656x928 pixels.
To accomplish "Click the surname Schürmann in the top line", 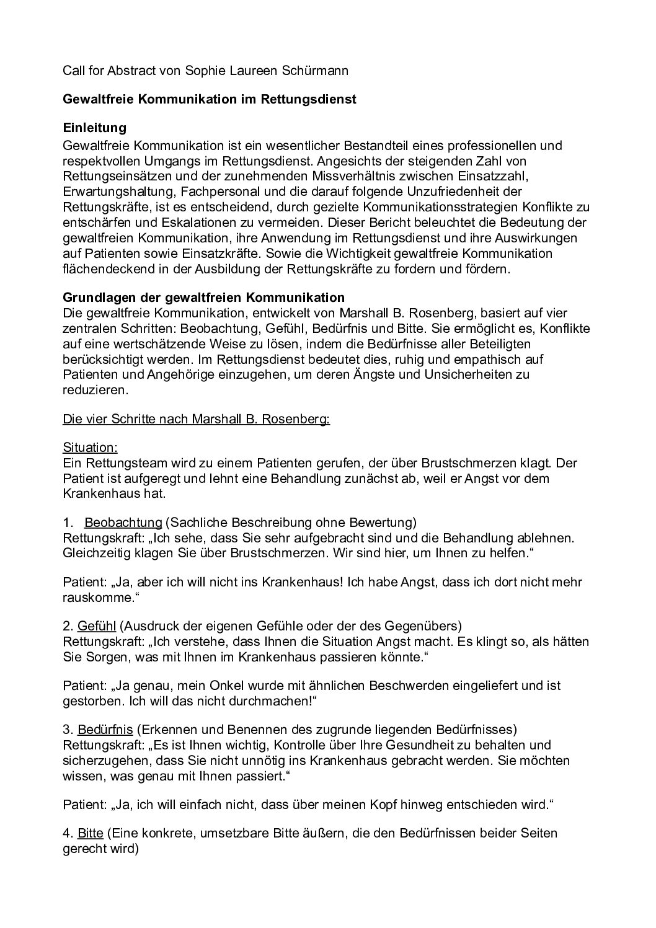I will (315, 71).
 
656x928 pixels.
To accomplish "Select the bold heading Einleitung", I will (95, 128).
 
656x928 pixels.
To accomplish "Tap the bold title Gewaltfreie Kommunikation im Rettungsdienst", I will (210, 99).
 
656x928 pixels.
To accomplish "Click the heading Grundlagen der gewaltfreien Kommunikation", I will (203, 298).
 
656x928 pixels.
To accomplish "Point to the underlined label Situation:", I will (90, 448).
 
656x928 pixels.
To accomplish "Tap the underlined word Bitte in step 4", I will (91, 833).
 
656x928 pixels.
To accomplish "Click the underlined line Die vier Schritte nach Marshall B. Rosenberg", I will (196, 419).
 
